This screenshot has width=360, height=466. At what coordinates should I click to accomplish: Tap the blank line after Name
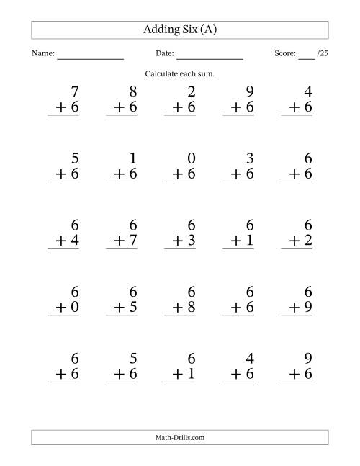point(91,56)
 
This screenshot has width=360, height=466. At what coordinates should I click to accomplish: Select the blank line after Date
point(210,56)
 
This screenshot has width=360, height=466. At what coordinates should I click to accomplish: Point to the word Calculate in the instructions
point(162,74)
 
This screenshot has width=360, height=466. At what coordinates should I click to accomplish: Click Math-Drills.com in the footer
point(180,437)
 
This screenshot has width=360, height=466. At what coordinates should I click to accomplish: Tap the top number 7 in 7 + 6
point(73,91)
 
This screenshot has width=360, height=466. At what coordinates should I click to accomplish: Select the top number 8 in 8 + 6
point(132,91)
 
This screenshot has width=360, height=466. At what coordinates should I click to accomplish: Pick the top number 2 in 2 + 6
point(190,91)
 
